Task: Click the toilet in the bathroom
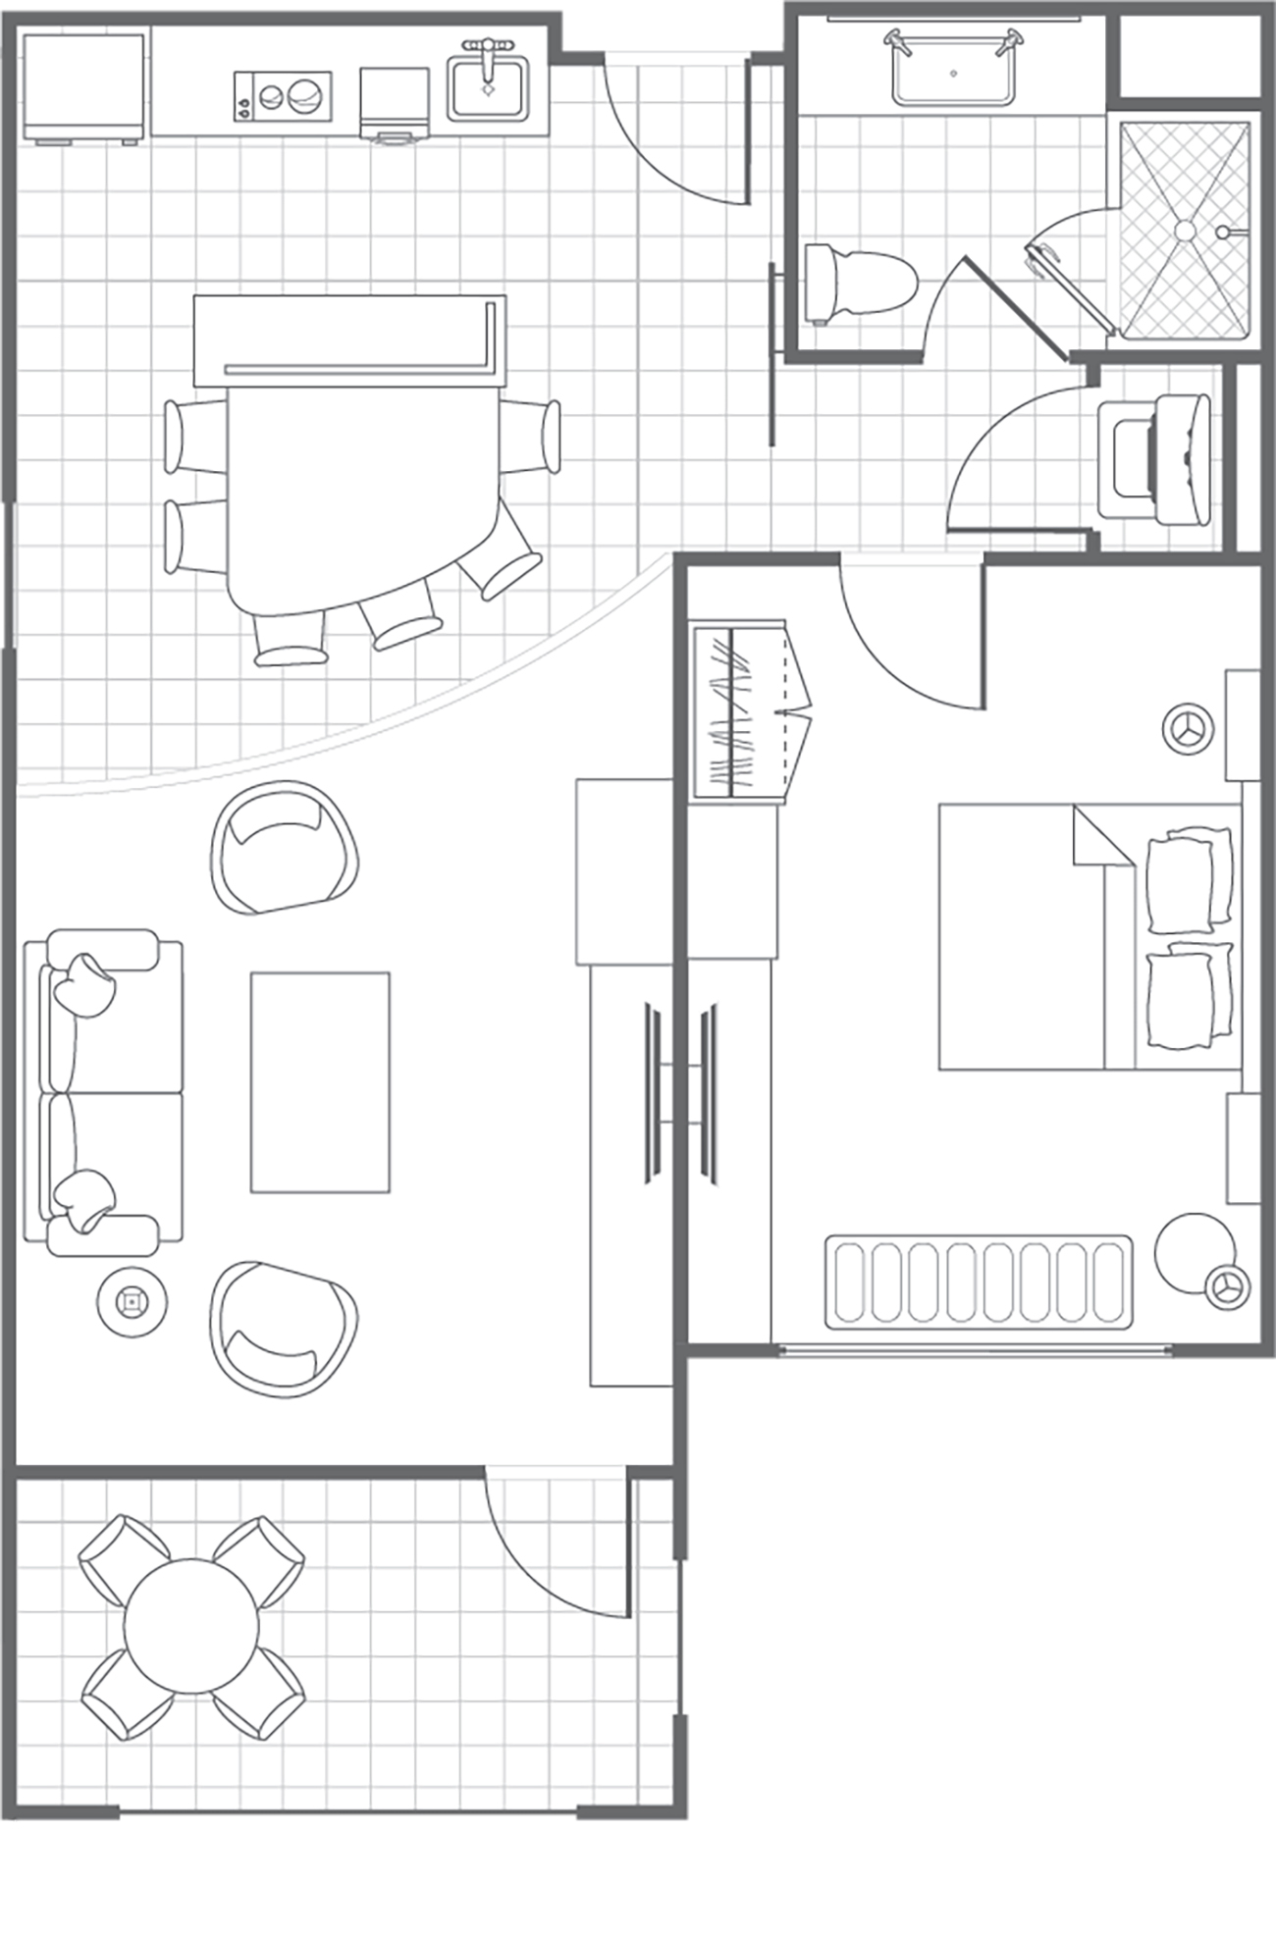861,283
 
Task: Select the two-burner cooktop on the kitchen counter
283,96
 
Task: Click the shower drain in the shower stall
1186,230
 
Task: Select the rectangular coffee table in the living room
320,1081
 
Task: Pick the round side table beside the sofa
132,1302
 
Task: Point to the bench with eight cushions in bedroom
979,1282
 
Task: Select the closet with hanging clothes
740,710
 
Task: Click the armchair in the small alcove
1153,459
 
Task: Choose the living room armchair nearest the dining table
283,846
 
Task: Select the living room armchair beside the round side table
283,1329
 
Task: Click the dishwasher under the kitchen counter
395,104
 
